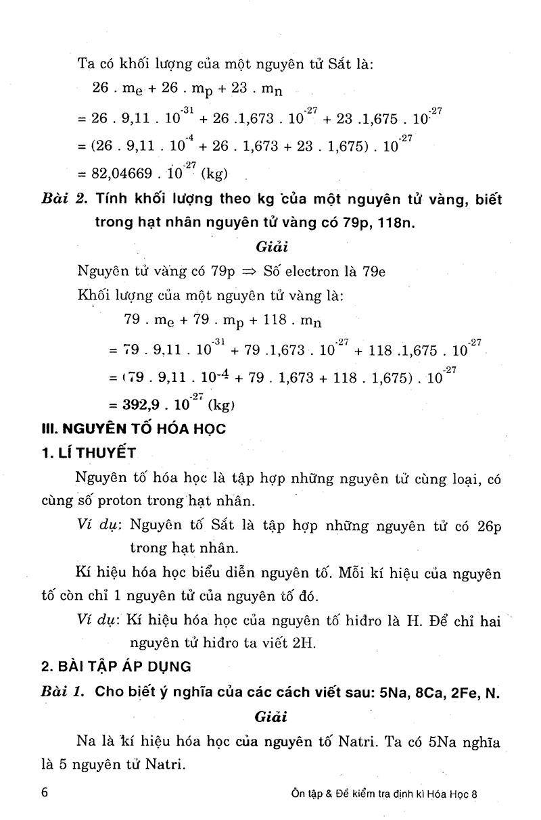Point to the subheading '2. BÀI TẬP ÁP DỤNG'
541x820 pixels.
click(x=116, y=666)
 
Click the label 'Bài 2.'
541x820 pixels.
click(x=65, y=199)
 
